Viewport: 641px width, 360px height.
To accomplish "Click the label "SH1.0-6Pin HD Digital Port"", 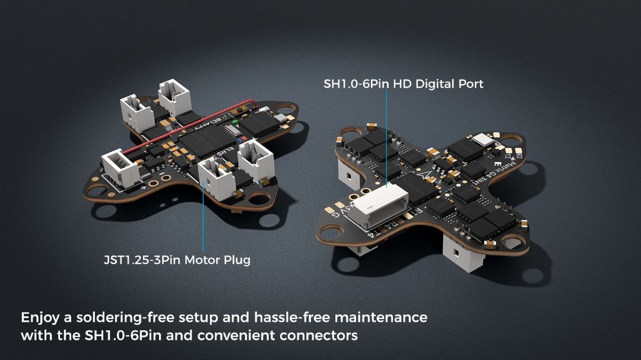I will coord(403,84).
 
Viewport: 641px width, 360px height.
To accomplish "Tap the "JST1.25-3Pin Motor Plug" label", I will coord(176,260).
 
